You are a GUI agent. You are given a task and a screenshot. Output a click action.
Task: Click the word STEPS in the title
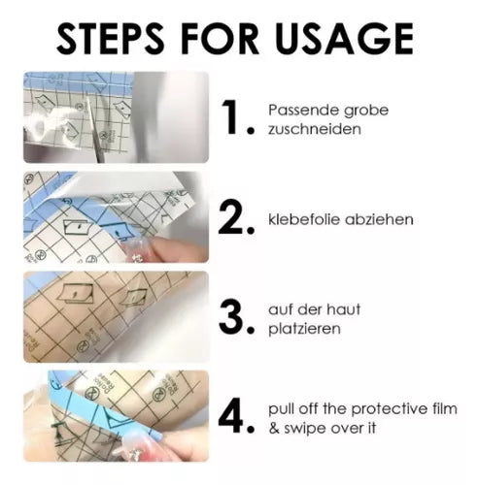(x=110, y=39)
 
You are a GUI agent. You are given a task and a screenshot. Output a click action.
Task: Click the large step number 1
(x=233, y=116)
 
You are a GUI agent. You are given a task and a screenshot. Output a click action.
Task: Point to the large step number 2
(x=231, y=216)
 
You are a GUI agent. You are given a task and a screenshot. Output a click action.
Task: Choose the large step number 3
(x=231, y=316)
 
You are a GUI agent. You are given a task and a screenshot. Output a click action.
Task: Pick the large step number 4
(x=232, y=415)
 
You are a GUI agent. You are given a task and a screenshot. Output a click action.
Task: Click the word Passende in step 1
(x=303, y=110)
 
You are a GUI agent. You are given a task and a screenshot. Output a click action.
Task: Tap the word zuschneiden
(x=315, y=129)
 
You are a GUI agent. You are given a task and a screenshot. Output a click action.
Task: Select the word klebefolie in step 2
(x=303, y=219)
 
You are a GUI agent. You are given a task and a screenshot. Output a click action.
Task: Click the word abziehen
(x=379, y=219)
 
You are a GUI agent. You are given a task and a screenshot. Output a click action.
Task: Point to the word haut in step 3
(x=343, y=309)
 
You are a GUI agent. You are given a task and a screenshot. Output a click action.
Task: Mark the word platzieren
(x=304, y=329)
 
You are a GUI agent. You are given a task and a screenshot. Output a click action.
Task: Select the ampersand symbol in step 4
(x=274, y=429)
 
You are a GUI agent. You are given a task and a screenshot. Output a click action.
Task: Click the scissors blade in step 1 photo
(x=94, y=129)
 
